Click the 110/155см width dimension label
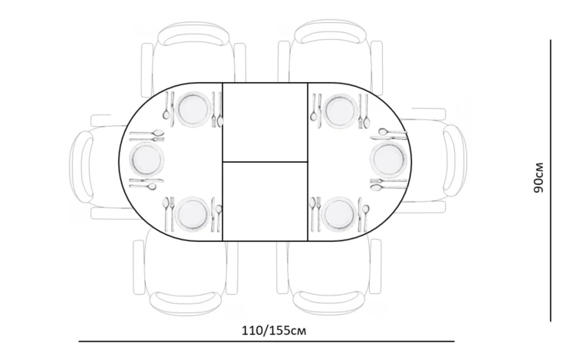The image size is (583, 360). tap(274, 330)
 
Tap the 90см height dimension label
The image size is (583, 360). tap(539, 178)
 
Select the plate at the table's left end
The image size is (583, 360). tap(147, 159)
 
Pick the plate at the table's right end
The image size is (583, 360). tap(388, 159)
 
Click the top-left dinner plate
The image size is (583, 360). tap(193, 109)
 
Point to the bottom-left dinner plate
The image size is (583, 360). tap(193, 214)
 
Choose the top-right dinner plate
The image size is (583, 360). tap(339, 111)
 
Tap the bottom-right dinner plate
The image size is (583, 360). tap(339, 214)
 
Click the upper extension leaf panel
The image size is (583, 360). tap(265, 122)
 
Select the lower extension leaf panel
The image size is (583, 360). tap(265, 202)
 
